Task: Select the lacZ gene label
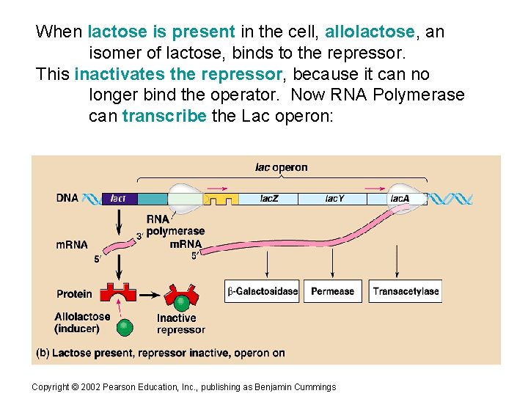pyautogui.click(x=269, y=199)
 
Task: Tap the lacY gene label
pyautogui.click(x=334, y=199)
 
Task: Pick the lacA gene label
pyautogui.click(x=400, y=199)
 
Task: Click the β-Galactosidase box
pyautogui.click(x=263, y=291)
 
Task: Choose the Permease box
pyautogui.click(x=332, y=291)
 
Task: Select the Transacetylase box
pyautogui.click(x=406, y=291)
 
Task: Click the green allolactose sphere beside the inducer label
pyautogui.click(x=125, y=326)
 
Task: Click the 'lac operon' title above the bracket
pyautogui.click(x=281, y=167)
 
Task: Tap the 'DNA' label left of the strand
pyautogui.click(x=67, y=198)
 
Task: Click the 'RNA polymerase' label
pyautogui.click(x=175, y=225)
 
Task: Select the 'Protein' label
pyautogui.click(x=74, y=294)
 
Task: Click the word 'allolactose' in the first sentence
pyautogui.click(x=369, y=32)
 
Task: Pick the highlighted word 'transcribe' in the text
pyautogui.click(x=164, y=116)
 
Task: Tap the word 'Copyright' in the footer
pyautogui.click(x=51, y=387)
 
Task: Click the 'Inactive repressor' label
pyautogui.click(x=180, y=324)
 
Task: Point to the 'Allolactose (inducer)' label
pyautogui.click(x=82, y=323)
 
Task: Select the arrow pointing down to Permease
pyautogui.click(x=332, y=262)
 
